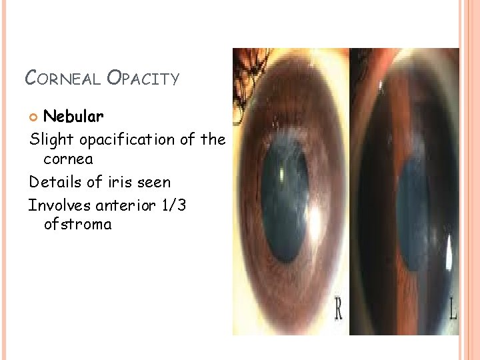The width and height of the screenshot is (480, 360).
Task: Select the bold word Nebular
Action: click(73, 117)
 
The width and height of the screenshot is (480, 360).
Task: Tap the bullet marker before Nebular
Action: click(35, 117)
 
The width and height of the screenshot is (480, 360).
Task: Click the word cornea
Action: click(68, 159)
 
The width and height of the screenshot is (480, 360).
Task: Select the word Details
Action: click(52, 181)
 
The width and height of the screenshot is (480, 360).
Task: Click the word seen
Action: click(155, 182)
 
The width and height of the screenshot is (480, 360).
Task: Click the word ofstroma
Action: click(77, 224)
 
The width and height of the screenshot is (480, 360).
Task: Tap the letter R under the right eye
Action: click(339, 311)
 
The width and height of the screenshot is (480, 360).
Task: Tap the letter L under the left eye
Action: click(453, 311)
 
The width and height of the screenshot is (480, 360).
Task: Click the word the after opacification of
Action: click(213, 139)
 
